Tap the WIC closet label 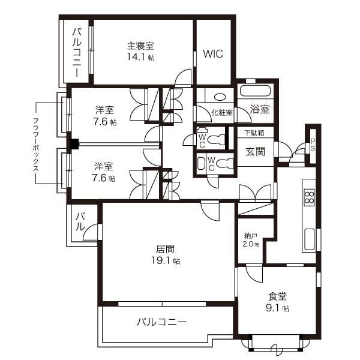[212, 54]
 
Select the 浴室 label [260, 109]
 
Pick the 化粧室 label [221, 112]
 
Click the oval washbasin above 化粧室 [220, 96]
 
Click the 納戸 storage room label [251, 235]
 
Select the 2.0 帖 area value [251, 244]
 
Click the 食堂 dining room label [277, 296]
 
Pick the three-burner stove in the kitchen [309, 197]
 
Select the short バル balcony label [79, 221]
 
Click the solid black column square [74, 144]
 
